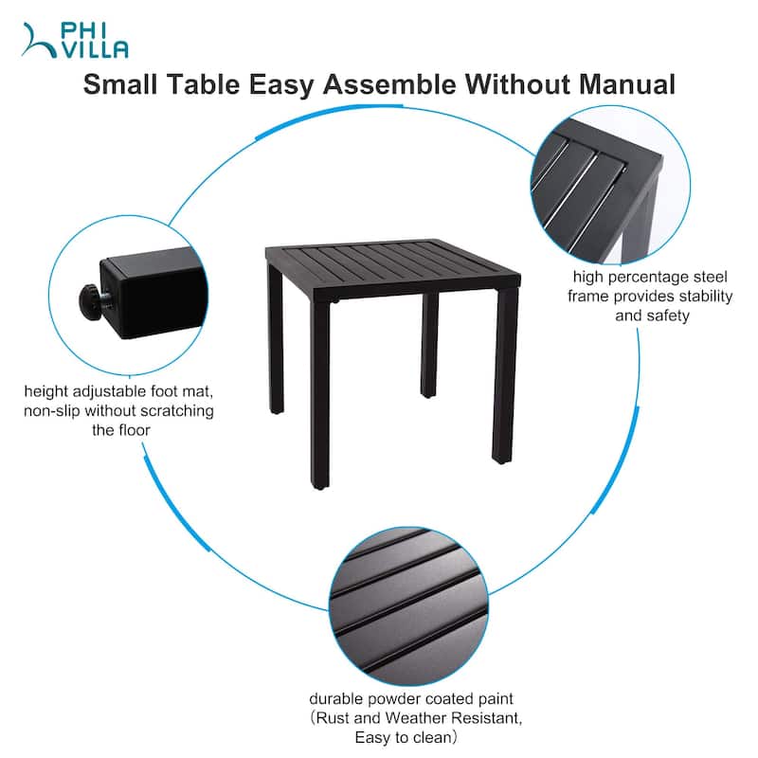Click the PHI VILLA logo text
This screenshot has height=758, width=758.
95,41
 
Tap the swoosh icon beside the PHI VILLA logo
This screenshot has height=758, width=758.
39,41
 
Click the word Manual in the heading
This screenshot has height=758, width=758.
626,84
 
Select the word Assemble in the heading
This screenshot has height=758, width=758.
389,84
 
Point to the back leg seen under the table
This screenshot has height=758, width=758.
429,345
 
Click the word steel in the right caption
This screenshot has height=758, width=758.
710,277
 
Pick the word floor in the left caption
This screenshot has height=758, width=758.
133,430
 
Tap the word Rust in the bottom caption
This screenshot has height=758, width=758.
333,718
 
